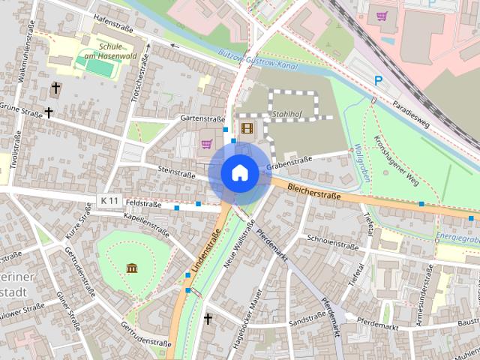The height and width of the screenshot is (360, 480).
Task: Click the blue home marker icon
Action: pos(240,173)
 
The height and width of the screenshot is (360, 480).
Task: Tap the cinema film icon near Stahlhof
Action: pos(247,128)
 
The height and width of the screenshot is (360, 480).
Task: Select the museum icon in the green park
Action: pos(132,268)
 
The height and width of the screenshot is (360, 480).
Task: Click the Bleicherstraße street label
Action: pos(313,192)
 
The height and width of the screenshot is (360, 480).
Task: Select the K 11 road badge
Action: pos(109,201)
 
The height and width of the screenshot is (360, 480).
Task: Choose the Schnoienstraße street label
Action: pos(332,243)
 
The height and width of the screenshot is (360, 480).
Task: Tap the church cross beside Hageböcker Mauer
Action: pos(208,319)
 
